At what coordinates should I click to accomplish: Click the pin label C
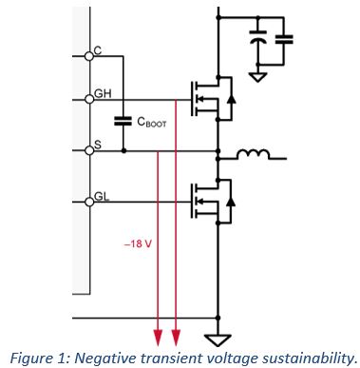coord(98,49)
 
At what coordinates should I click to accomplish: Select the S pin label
coord(98,145)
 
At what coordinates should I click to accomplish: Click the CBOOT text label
coord(154,122)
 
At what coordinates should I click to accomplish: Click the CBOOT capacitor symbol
coord(123,121)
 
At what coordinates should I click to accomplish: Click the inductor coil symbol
coord(256,154)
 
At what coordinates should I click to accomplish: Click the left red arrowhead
coord(158,335)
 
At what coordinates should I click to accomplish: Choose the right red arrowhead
coord(178,335)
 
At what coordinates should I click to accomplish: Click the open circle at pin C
coord(89,56)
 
